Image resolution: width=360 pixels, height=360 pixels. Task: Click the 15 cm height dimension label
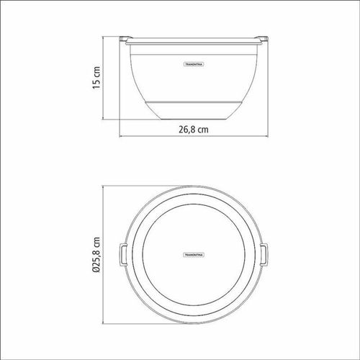(96, 78)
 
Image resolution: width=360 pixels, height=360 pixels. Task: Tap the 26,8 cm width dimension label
(194, 130)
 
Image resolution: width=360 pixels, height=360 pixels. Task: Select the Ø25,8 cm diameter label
(96, 254)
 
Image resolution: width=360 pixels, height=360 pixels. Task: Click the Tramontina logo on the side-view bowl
(194, 64)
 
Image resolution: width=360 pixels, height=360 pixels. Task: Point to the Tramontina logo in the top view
(194, 255)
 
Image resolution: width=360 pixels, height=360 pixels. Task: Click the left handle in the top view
(123, 254)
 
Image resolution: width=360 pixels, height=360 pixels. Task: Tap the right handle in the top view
(264, 254)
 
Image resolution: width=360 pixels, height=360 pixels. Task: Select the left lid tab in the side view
(125, 38)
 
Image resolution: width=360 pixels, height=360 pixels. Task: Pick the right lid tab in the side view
(262, 38)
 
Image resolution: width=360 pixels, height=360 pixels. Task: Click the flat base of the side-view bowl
(194, 119)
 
